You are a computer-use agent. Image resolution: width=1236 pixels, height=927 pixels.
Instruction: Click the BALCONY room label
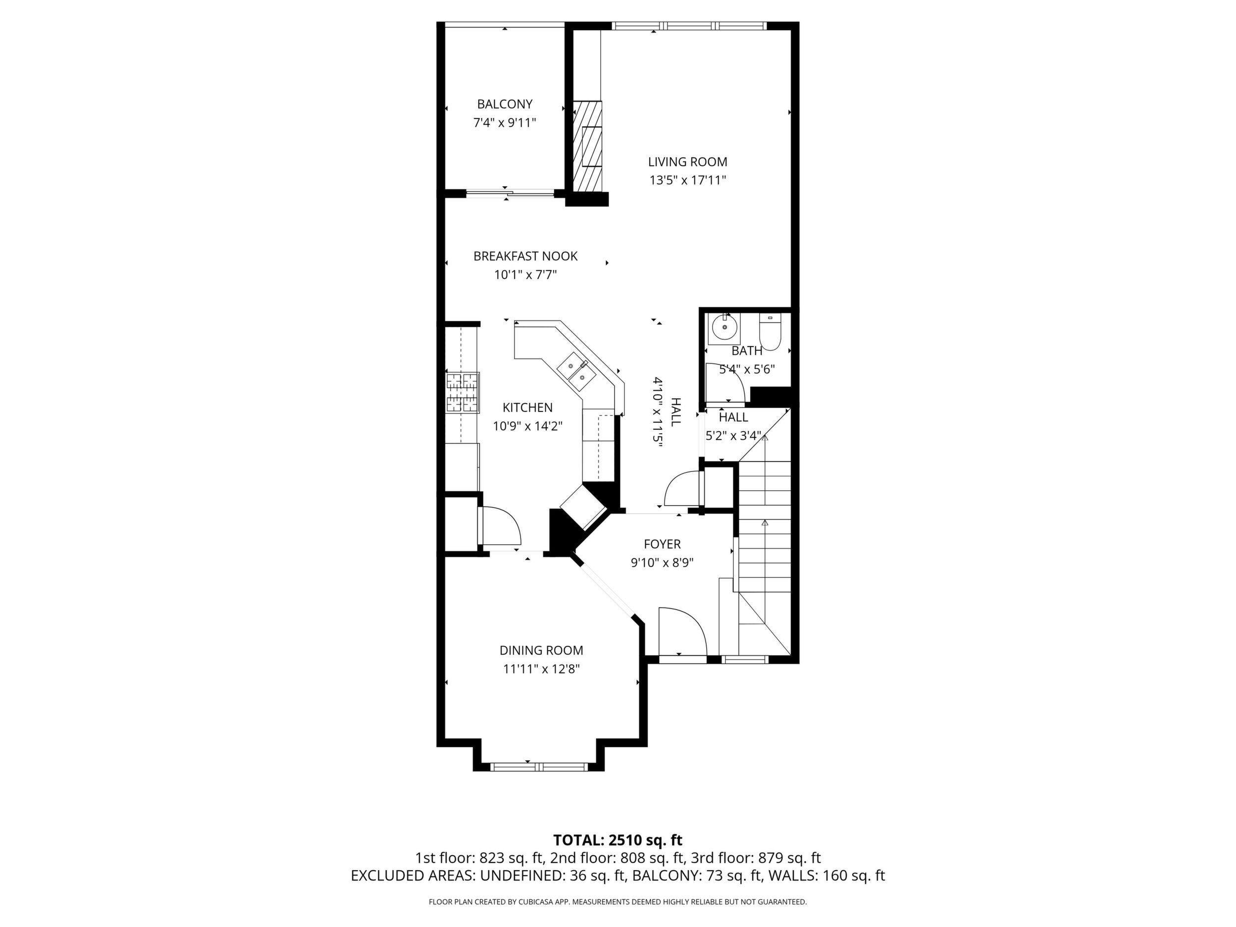505,104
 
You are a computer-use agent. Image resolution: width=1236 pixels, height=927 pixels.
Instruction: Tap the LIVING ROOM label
687,162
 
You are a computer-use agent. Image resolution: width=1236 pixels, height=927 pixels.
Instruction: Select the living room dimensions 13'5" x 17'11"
687,180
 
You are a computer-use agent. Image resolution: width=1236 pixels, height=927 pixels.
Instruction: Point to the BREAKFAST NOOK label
525,257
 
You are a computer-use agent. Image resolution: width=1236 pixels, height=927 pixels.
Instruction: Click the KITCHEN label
527,408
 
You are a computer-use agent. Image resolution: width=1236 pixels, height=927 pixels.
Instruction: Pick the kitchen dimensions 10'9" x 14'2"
527,426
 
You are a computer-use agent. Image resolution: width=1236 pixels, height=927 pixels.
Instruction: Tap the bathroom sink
723,328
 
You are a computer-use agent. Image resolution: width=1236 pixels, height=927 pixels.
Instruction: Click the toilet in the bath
770,332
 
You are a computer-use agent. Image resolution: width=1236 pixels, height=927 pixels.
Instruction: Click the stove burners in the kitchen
462,392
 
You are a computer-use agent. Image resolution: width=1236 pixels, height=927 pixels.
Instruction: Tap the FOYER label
662,544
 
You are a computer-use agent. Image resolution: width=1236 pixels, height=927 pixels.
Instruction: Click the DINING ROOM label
541,650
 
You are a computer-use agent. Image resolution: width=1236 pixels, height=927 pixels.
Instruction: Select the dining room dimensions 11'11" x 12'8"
541,669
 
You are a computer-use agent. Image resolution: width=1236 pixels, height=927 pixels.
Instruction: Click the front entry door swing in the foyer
683,631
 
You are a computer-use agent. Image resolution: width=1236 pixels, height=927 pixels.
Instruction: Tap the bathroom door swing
725,383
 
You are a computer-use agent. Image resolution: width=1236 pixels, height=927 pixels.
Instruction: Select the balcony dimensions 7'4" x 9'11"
505,122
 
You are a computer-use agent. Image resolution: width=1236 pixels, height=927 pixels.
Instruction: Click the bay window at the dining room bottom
539,767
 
